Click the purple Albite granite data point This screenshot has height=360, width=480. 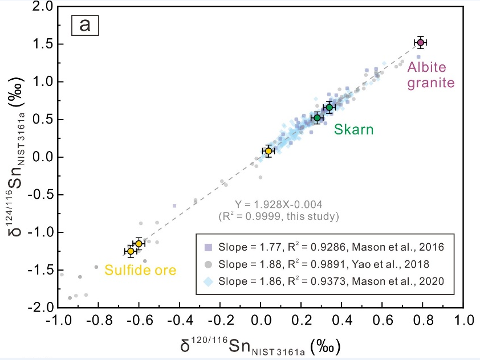[421, 43]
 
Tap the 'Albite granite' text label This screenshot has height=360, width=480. [430, 75]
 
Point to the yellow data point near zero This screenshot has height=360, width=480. [269, 151]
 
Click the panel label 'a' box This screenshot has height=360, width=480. [84, 26]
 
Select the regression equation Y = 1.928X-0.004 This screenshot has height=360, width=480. [279, 204]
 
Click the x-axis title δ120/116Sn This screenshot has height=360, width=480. [259, 346]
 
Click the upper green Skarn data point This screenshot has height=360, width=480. [329, 107]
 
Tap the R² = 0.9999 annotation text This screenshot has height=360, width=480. [279, 216]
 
